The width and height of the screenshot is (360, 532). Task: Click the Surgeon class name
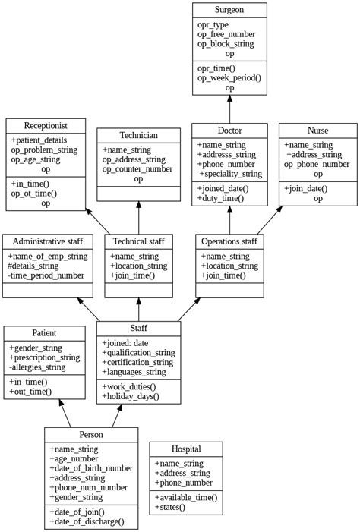pos(229,10)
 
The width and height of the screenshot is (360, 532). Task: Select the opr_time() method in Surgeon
pos(217,68)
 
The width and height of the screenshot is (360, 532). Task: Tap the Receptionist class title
pos(45,126)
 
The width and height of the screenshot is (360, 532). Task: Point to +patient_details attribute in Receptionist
pos(39,140)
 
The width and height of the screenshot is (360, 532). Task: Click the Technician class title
pos(138,136)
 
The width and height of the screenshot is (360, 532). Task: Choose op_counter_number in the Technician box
pos(137,169)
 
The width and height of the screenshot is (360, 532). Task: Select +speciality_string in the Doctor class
pos(230,174)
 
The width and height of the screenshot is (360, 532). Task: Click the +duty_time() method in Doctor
pos(221,198)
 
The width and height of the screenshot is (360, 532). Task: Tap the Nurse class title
pos(317,131)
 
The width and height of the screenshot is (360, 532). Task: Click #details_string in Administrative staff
pos(39,266)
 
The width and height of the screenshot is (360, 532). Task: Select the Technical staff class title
pos(138,241)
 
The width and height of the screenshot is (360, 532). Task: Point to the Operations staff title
pos(229,241)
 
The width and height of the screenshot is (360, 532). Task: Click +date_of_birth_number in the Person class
pos(90,468)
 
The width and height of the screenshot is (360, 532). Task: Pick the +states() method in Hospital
pos(170,507)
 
